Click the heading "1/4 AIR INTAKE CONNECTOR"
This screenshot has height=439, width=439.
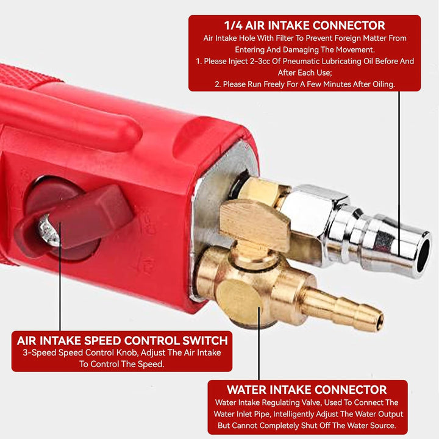pyautogui.click(x=305, y=26)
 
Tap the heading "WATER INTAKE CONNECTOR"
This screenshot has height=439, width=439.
pyautogui.click(x=307, y=390)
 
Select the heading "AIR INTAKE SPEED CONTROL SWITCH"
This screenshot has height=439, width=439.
pyautogui.click(x=123, y=341)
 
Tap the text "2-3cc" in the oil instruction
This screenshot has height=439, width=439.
pyautogui.click(x=261, y=62)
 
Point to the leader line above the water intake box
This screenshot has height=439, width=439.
pyautogui.click(x=259, y=343)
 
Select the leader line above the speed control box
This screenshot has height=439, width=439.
pyautogui.click(x=60, y=277)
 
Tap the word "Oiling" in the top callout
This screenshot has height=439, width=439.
pyautogui.click(x=383, y=84)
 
